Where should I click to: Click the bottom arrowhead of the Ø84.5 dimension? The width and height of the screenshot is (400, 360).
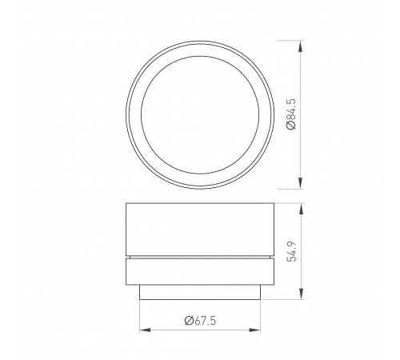(300, 183)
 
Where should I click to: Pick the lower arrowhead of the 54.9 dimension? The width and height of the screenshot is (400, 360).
(300, 296)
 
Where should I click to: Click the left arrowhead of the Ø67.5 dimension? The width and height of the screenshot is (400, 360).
(144, 329)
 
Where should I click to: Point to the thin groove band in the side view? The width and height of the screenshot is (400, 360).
(200, 258)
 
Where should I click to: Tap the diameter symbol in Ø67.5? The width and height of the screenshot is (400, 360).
(186, 320)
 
